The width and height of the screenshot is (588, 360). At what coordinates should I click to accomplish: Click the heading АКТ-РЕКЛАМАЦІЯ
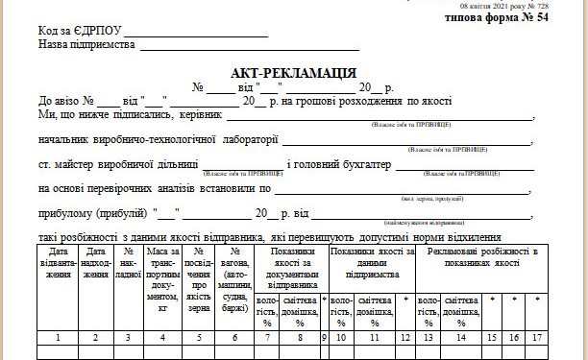coord(294,72)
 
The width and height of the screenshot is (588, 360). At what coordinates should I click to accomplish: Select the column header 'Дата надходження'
coord(95,269)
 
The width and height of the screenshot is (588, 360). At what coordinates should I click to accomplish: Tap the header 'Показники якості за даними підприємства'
coord(371,263)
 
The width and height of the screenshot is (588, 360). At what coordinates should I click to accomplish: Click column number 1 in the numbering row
coord(60,337)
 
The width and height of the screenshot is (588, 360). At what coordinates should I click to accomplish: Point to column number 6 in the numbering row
coord(234,337)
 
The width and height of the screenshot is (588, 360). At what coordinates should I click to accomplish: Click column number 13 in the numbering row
coord(428,337)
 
